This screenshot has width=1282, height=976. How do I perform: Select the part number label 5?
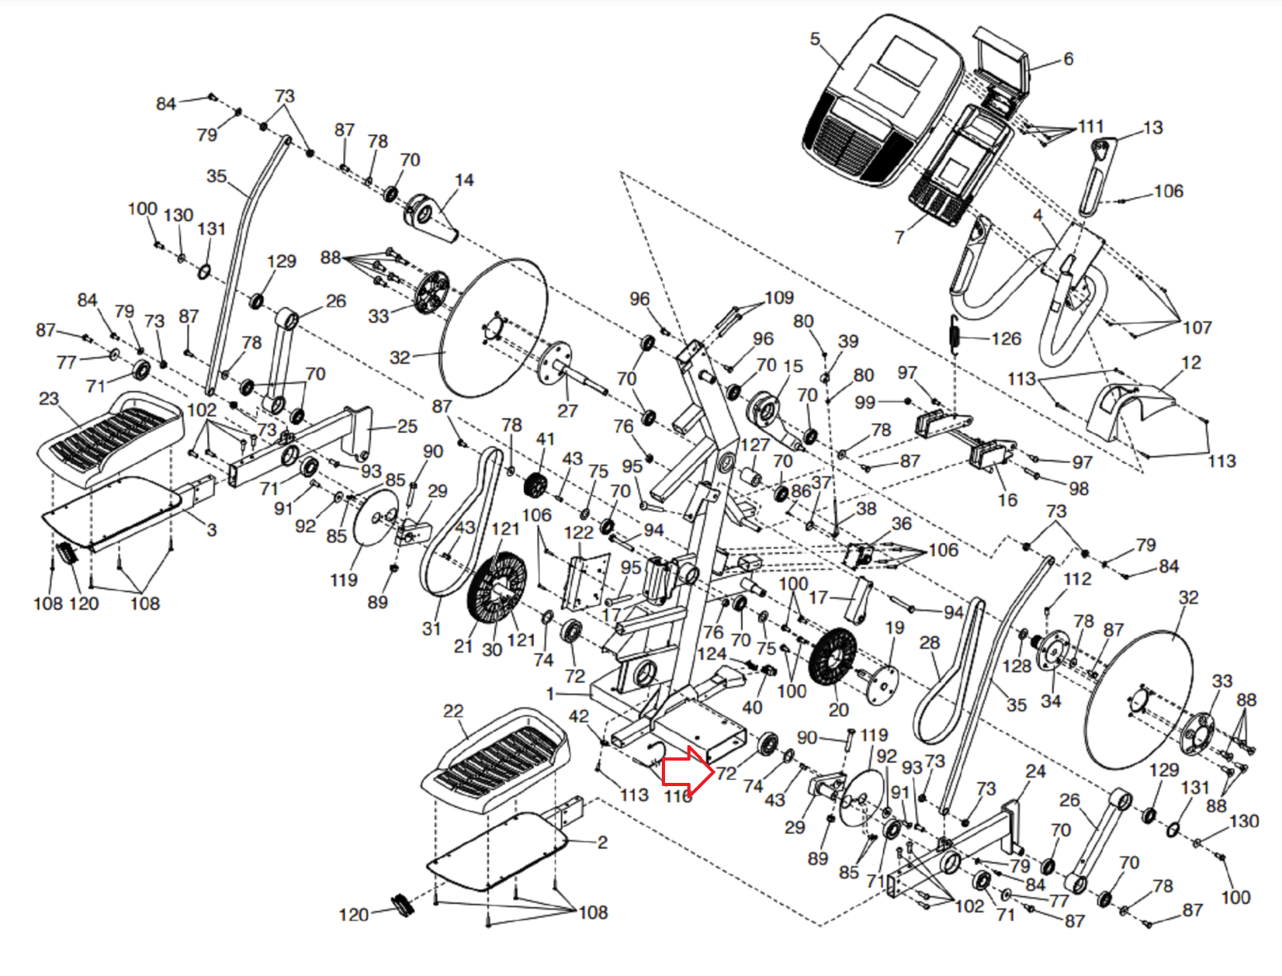click(x=815, y=39)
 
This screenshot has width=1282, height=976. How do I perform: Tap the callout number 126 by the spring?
click(x=1006, y=339)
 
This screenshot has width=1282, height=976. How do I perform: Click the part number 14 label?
click(x=464, y=180)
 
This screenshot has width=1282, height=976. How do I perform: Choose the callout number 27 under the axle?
click(x=567, y=411)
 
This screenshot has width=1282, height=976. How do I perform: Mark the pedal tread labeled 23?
click(x=111, y=437)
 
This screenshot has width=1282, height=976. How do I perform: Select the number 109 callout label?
click(x=779, y=298)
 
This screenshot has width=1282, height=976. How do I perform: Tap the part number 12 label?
click(x=1191, y=362)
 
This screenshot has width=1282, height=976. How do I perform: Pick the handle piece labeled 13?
click(x=1096, y=176)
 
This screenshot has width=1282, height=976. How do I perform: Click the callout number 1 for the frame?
click(x=550, y=694)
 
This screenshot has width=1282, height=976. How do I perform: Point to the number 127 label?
click(x=755, y=445)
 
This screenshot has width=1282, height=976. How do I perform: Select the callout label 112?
click(x=1077, y=579)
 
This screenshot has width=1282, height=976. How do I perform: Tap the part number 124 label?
click(x=712, y=654)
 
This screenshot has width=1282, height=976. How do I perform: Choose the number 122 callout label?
click(x=579, y=533)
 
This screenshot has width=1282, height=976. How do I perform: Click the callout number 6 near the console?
click(x=1068, y=59)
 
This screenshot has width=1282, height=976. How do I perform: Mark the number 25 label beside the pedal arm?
click(x=407, y=426)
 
